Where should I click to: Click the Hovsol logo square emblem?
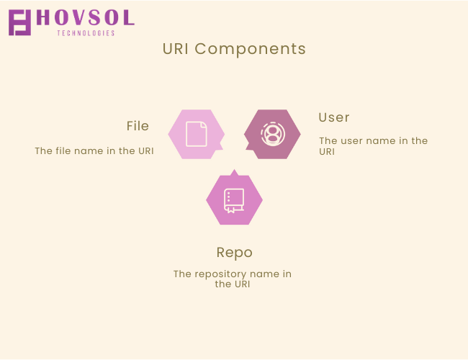coord(19,23)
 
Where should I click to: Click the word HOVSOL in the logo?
coord(86,17)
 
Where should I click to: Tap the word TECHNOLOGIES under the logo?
coord(86,33)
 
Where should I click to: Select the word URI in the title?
coord(176,49)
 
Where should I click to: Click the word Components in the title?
coord(250,49)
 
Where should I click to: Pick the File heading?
coord(138,126)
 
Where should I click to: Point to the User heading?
coord(333,117)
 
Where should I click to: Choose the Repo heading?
coord(235,253)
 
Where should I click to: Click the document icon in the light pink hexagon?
coord(197,134)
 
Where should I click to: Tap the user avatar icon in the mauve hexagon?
coord(273,134)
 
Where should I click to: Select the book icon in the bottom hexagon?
coord(234,201)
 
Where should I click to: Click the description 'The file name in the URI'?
coord(94,150)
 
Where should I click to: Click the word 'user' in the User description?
coord(352,140)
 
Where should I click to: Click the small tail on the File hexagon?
coord(220,145)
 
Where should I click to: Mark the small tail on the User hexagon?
coord(249,145)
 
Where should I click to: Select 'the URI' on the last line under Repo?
coord(233,284)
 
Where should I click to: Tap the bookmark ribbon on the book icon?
coord(231,210)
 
